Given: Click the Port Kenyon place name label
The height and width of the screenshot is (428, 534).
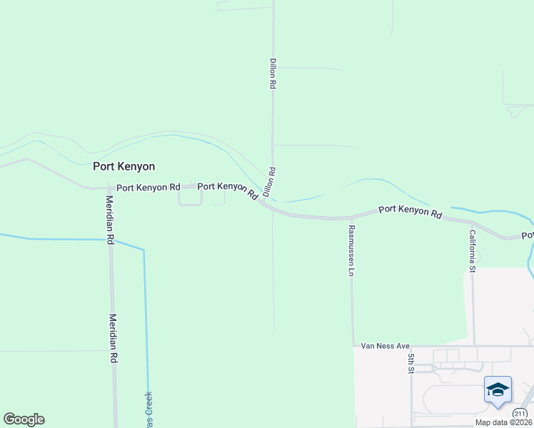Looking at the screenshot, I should pos(124,166).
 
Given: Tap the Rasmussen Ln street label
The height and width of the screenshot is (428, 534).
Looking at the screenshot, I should pos(351,250).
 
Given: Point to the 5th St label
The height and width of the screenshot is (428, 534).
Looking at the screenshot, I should pos(411,363).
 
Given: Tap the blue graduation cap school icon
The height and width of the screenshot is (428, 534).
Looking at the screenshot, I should pos(498,389).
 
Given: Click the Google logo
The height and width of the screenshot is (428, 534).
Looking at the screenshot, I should pos(24,419).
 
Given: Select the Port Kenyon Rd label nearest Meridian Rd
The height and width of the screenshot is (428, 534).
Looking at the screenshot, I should pos(148,188).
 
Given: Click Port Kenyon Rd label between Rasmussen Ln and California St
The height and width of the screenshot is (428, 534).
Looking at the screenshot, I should pos(410,211).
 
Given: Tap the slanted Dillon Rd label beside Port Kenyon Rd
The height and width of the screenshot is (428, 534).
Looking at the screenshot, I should pos(269,182).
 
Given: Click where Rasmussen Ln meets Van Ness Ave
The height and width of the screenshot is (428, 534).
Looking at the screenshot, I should pos(353,347).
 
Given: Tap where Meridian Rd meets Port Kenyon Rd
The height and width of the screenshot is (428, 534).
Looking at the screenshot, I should pos(111,188).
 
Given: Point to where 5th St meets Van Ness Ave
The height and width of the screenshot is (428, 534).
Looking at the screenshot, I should pos(411,347).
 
